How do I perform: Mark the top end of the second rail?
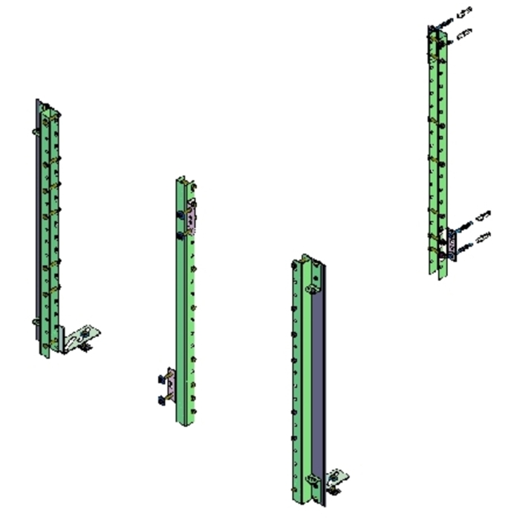[x=183, y=181]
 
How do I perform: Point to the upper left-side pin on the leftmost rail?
[x=35, y=131]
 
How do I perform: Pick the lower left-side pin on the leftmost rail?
[x=35, y=322]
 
